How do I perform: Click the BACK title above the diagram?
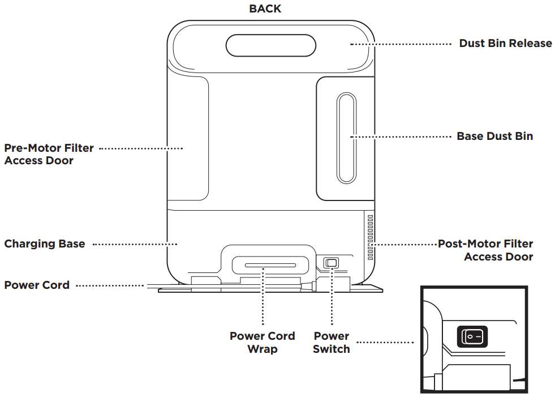265,8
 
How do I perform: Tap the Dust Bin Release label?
505,44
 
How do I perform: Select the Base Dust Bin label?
494,136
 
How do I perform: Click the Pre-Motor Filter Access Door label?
49,154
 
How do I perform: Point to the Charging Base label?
45,244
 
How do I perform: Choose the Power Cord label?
37,285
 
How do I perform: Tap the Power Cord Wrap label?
262,342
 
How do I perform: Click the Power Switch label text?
331,342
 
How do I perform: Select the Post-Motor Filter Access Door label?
485,250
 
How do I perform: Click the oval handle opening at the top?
270,45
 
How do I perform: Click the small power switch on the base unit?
330,263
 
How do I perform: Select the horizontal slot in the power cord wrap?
263,266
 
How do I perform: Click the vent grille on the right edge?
371,237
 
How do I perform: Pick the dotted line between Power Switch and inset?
386,342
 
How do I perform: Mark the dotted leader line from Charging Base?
135,244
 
